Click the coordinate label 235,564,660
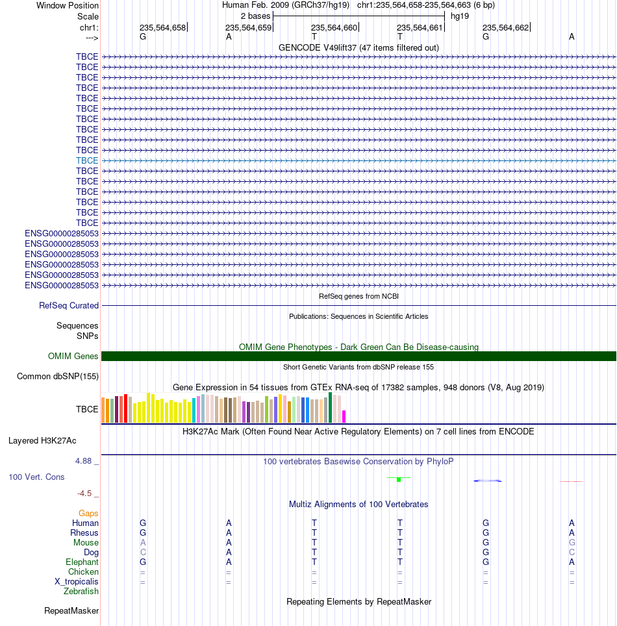click(x=334, y=27)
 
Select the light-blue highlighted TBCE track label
click(x=87, y=160)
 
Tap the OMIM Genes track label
click(x=73, y=356)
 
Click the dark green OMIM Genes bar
click(x=359, y=356)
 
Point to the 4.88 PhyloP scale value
click(x=84, y=461)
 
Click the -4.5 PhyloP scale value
click(x=84, y=494)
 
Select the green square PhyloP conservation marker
click(x=399, y=479)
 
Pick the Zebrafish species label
click(x=81, y=592)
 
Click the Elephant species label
click(x=82, y=562)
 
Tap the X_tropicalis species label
click(x=76, y=582)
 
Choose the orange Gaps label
click(x=88, y=514)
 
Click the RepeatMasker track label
click(x=71, y=611)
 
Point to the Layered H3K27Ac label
click(x=42, y=441)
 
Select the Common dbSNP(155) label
click(x=58, y=377)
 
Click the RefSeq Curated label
click(x=69, y=305)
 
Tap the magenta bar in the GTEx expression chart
click(x=344, y=416)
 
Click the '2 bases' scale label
click(x=256, y=16)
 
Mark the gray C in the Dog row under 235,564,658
click(x=143, y=552)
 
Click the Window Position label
click(x=68, y=6)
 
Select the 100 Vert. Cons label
click(x=36, y=477)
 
